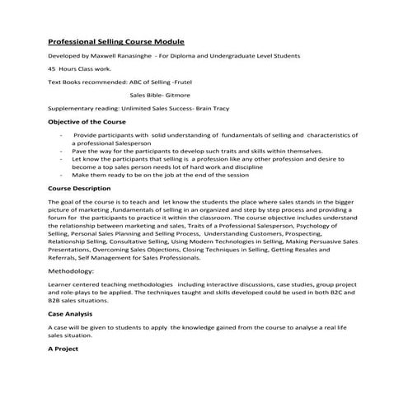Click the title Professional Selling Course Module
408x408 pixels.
point(116,41)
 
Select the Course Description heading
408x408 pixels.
point(85,189)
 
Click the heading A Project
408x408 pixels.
point(63,349)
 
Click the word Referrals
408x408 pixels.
point(67,256)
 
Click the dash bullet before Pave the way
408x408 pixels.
point(62,152)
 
